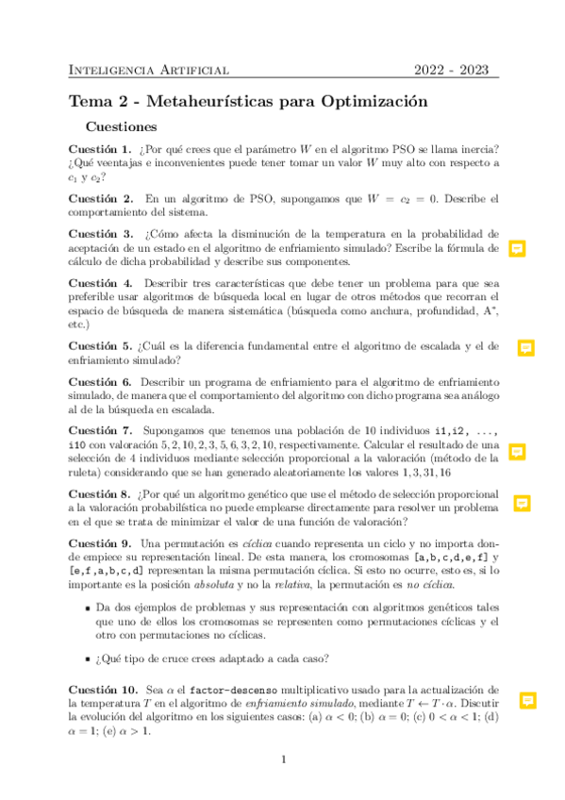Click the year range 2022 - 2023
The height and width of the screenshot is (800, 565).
(x=455, y=70)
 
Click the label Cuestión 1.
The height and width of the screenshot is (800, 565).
(x=100, y=149)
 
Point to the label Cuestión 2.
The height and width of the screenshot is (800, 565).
(x=100, y=199)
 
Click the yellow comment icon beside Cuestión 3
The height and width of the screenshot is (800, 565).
(x=517, y=249)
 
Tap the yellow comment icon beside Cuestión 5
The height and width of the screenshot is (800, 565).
(x=526, y=348)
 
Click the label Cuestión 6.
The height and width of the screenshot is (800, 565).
(x=100, y=382)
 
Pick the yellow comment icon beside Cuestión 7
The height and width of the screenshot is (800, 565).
(x=517, y=452)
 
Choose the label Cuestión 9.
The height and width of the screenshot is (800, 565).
(x=100, y=544)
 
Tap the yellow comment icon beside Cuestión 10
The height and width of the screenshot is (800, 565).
(x=528, y=700)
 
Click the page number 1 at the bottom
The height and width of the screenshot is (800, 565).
(x=283, y=758)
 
